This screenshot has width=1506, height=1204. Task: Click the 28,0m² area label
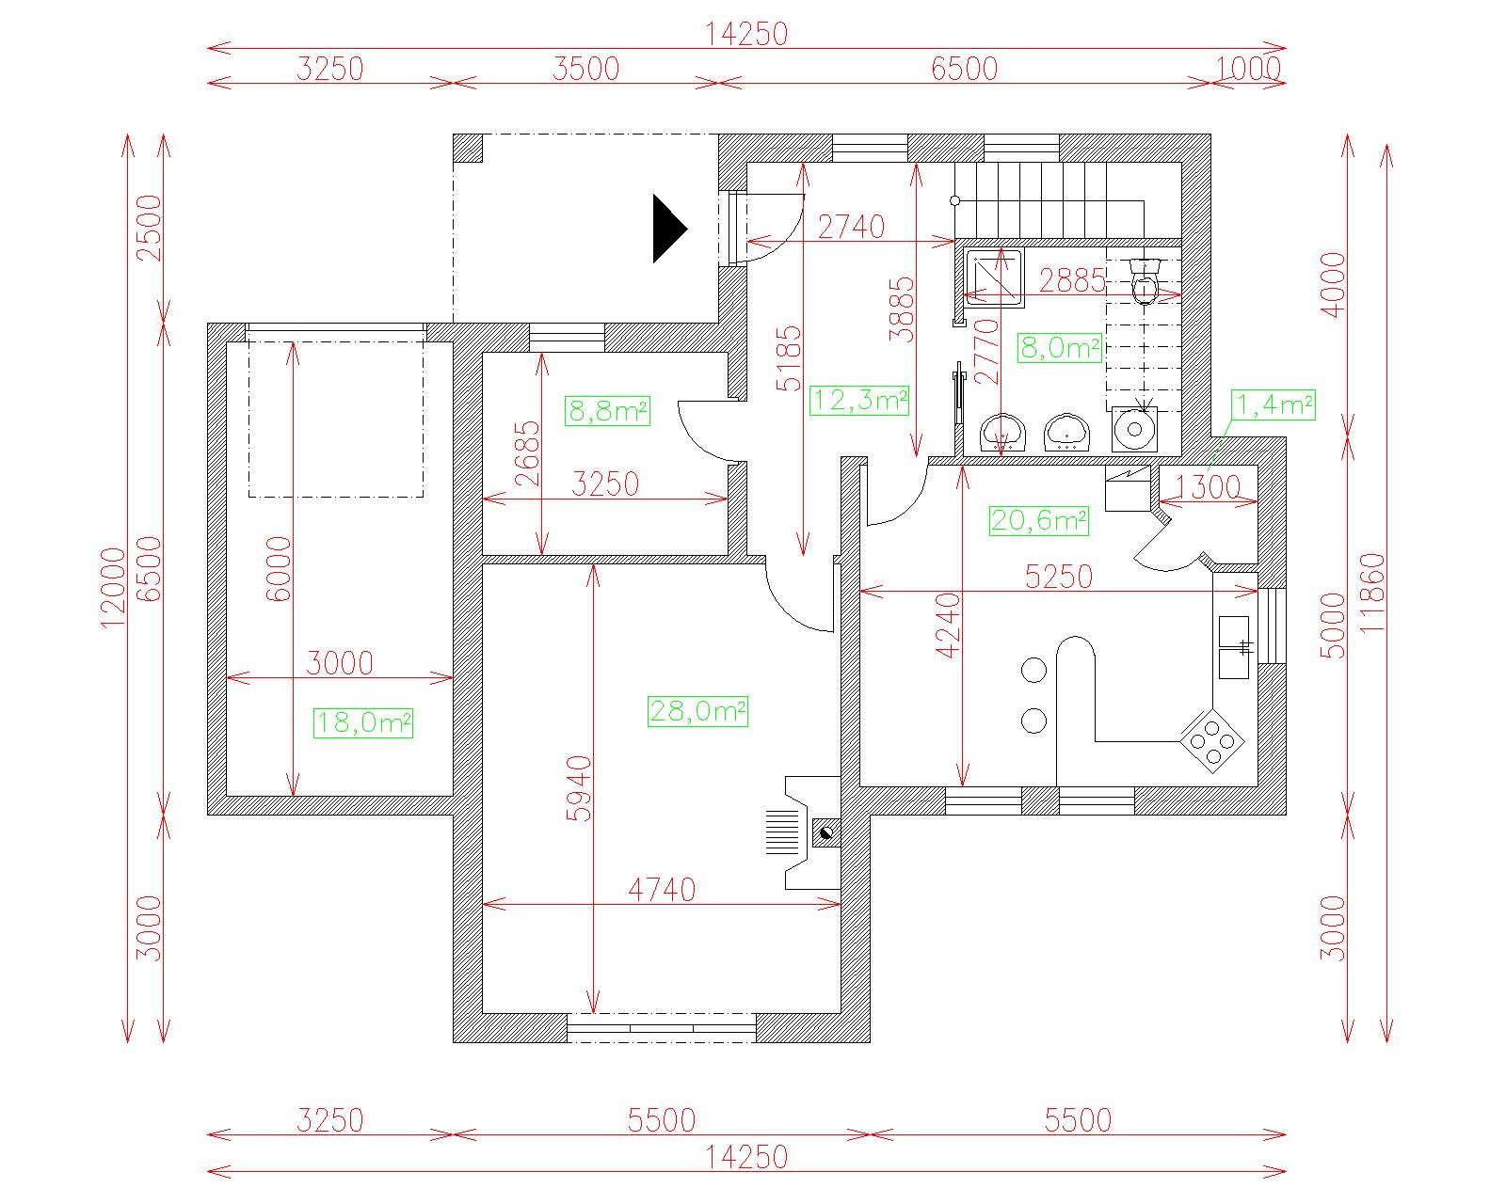(697, 711)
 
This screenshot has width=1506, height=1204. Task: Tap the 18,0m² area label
(363, 722)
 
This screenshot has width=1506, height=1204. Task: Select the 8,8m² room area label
(607, 411)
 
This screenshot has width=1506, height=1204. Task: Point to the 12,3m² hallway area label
(859, 400)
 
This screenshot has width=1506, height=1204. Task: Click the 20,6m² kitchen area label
(1039, 520)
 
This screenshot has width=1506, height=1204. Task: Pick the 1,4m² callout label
(1274, 404)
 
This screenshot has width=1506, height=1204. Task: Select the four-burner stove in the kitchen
(1212, 741)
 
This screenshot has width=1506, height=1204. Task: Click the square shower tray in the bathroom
(994, 277)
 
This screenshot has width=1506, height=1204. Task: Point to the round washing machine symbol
(1134, 429)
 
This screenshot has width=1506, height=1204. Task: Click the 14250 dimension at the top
(746, 34)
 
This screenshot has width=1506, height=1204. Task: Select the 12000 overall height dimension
(113, 588)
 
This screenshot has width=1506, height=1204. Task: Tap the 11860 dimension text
(1373, 593)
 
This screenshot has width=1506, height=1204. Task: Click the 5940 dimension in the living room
(580, 788)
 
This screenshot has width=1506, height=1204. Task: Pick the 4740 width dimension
(662, 891)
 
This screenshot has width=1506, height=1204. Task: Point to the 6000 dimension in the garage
(279, 569)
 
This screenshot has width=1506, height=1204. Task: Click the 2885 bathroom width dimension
(1072, 281)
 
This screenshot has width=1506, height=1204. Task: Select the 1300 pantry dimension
(1208, 487)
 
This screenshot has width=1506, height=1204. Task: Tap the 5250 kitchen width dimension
(1059, 578)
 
